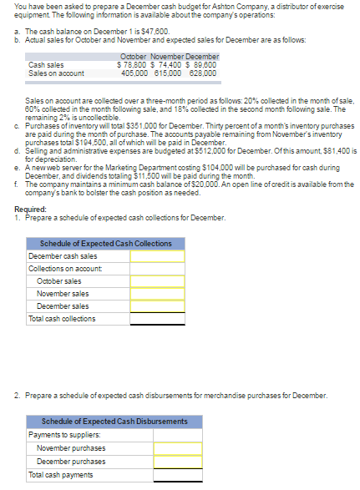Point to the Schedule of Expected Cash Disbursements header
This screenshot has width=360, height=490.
(x=115, y=422)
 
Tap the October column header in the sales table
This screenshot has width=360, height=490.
(x=134, y=56)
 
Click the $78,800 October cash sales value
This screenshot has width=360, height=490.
(x=133, y=64)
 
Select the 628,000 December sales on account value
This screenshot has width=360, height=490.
(x=202, y=73)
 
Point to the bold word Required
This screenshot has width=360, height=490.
(x=31, y=209)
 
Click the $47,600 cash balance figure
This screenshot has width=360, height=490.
(x=148, y=30)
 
